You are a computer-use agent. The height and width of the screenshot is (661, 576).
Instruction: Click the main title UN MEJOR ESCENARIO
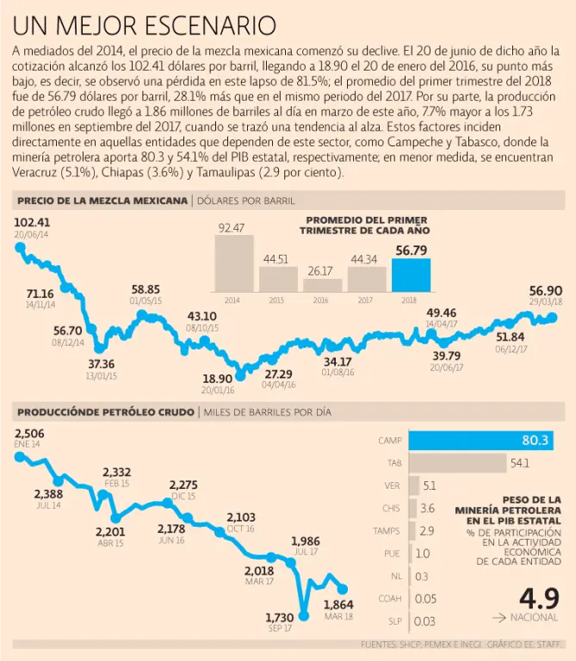[x=145, y=24]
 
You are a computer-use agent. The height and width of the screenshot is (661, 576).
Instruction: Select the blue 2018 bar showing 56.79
[x=412, y=275]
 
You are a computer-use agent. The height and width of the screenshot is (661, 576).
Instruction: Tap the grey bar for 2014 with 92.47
[x=232, y=264]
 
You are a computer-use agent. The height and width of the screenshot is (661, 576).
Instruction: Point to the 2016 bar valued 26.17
[x=322, y=286]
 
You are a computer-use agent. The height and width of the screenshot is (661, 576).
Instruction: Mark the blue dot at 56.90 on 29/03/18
[x=553, y=318]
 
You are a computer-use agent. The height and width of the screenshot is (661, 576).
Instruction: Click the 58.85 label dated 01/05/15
[x=146, y=290]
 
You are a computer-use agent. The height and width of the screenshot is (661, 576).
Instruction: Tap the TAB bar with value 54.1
[x=457, y=463]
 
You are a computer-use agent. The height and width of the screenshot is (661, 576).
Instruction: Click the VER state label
[x=392, y=485]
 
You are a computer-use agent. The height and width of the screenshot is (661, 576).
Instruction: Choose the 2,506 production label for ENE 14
[x=29, y=433]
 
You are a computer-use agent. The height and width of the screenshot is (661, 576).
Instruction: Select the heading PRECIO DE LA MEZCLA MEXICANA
[x=102, y=201]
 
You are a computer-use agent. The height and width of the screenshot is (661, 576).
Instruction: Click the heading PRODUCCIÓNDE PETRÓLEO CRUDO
[x=104, y=411]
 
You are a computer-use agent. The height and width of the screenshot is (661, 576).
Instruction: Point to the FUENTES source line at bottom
[x=466, y=644]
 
